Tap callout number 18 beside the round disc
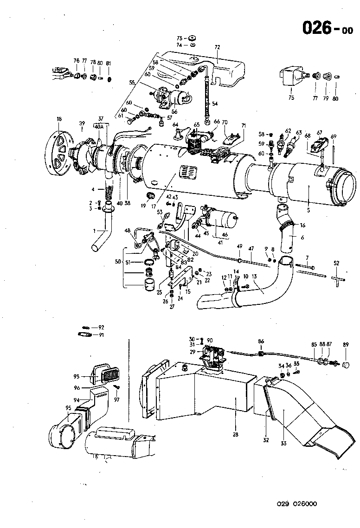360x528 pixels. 59,119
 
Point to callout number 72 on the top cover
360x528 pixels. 217,47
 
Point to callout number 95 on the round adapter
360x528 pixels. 68,408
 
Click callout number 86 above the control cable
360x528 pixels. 261,341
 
